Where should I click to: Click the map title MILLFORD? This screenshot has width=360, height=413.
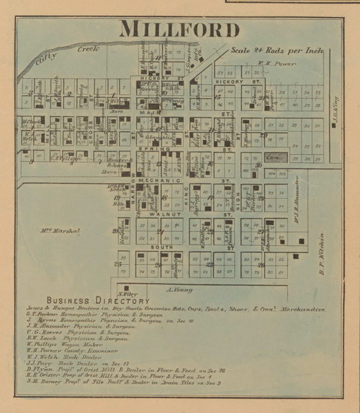180,30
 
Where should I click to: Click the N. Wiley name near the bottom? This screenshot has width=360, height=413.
127,293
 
